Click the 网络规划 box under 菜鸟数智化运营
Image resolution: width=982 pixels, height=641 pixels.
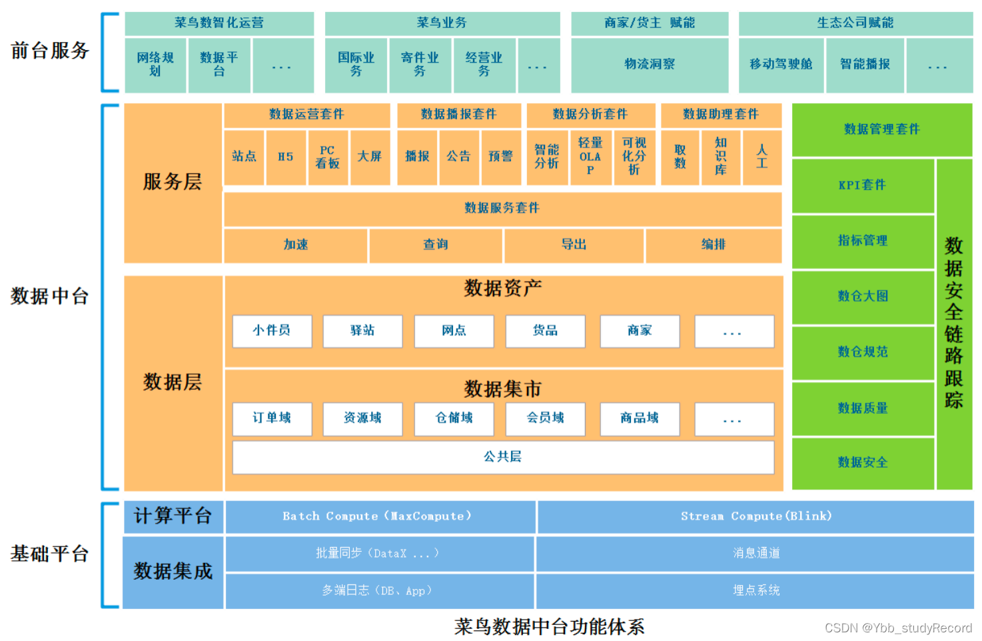(x=155, y=65)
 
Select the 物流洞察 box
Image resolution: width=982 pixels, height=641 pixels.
(x=650, y=65)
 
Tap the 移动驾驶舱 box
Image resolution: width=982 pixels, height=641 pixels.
(x=781, y=65)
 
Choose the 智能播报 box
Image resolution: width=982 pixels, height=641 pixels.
(x=865, y=65)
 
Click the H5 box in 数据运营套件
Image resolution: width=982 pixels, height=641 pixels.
(x=286, y=157)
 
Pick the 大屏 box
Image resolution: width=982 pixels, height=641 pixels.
(x=369, y=157)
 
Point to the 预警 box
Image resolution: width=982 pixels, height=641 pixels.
(x=500, y=157)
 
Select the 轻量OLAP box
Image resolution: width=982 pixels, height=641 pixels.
(x=590, y=157)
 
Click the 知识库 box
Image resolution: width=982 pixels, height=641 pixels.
(x=721, y=157)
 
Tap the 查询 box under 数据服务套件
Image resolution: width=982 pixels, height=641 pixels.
(x=436, y=245)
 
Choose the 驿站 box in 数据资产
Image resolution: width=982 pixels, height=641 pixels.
(x=362, y=331)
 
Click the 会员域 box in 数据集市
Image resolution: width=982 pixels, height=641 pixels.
(x=546, y=418)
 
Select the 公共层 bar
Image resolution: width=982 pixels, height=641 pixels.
(x=503, y=457)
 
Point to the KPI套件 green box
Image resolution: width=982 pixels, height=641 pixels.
(x=862, y=185)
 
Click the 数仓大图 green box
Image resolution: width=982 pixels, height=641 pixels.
(x=862, y=297)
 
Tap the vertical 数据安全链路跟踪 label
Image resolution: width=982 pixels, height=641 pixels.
(x=954, y=323)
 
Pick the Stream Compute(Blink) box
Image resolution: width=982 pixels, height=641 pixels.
(x=755, y=516)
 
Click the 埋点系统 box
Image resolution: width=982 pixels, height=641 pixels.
(x=755, y=590)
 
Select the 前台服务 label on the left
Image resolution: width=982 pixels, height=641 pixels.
(x=50, y=51)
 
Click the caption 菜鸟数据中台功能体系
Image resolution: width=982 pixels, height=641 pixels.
(x=549, y=627)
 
